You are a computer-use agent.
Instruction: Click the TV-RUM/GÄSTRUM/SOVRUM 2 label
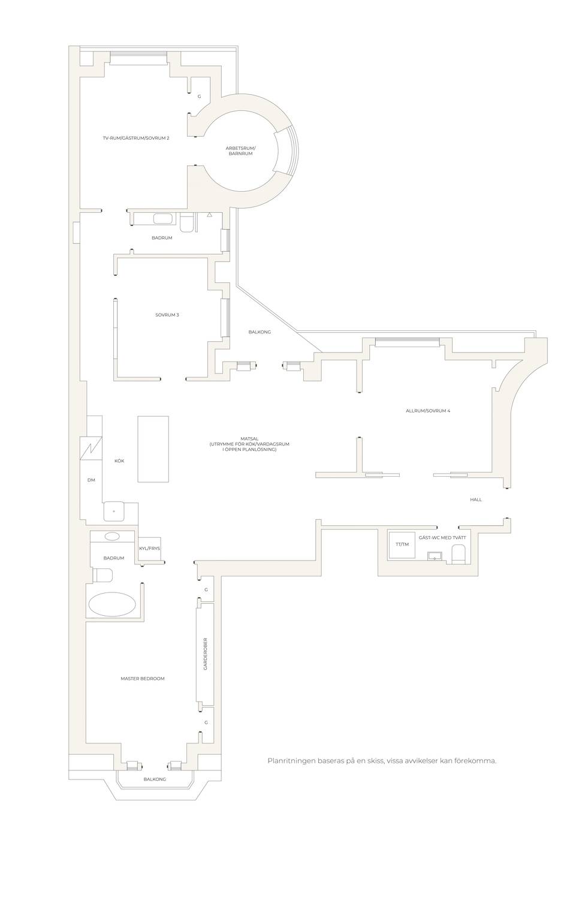(x=136, y=138)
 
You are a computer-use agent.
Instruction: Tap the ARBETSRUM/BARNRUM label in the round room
(x=240, y=151)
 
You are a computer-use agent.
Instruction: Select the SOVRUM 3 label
(x=167, y=315)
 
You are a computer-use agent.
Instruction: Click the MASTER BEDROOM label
(x=143, y=678)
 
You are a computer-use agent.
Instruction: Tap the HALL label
(x=476, y=499)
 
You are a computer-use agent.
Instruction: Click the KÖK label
(x=119, y=461)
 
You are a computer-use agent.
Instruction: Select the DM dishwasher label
(x=91, y=480)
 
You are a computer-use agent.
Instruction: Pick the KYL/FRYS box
(x=150, y=549)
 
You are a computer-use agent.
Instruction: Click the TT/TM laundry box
(x=402, y=544)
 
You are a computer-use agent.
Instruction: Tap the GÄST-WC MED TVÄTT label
(x=442, y=537)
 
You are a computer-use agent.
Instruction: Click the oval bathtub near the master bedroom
(x=113, y=604)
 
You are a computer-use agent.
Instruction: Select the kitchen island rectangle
(x=153, y=449)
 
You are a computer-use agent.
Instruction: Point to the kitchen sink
(x=114, y=511)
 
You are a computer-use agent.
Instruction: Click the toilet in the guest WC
(x=458, y=554)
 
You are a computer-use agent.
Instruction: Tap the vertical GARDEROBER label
(x=206, y=654)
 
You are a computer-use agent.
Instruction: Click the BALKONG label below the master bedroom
(x=155, y=779)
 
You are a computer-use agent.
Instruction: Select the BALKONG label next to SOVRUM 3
(x=260, y=332)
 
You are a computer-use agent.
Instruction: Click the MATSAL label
(x=249, y=439)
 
